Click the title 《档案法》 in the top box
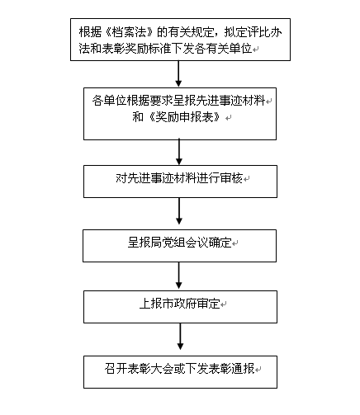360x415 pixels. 128,32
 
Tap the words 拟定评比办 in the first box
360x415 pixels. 253,32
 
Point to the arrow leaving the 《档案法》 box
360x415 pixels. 178,73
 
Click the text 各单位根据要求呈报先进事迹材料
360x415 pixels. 178,101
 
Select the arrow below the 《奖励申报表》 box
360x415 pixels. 179,152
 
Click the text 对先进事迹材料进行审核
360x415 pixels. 179,178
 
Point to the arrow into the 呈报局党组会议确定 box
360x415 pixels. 179,210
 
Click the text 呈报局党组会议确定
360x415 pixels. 179,243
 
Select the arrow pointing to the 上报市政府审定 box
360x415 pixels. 179,275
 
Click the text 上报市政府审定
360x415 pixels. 180,304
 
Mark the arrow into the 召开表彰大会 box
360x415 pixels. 180,337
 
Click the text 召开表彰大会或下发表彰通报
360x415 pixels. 179,369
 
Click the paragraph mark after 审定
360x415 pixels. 223,304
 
